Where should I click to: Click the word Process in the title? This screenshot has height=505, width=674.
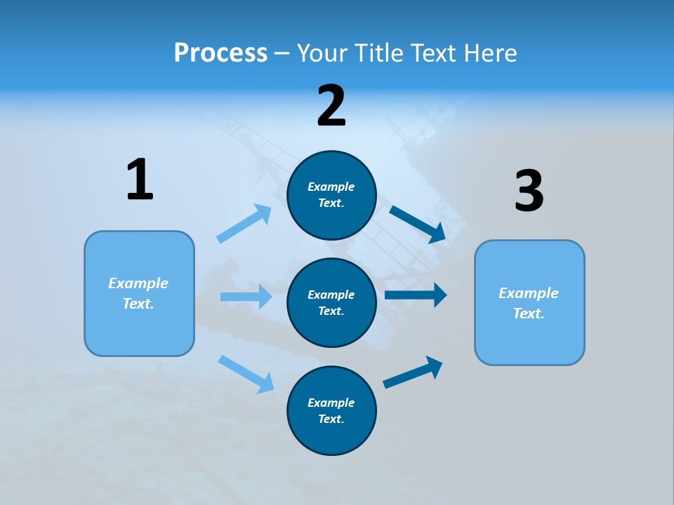220,53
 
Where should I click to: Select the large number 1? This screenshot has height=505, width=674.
140,180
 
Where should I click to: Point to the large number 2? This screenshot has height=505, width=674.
331,106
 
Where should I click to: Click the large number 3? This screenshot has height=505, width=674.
529,191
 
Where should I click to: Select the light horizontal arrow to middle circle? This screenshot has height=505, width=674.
246,297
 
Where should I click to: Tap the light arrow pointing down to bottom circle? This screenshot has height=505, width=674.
246,374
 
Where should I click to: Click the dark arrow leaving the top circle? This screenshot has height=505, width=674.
418,224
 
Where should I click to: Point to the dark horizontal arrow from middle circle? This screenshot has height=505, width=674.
416,295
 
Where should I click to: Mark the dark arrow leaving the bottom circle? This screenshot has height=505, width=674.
413,372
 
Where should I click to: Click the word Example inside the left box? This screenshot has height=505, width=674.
138,283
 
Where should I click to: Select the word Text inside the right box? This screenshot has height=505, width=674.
529,314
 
